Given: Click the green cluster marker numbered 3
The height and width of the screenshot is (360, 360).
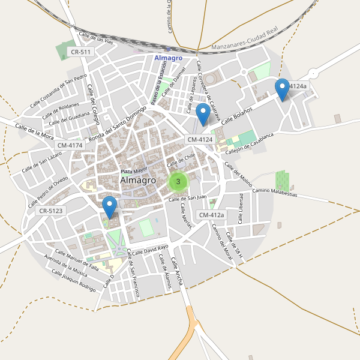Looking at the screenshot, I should tap(178, 181).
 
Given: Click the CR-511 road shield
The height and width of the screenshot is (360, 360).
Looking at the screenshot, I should tap(80, 52).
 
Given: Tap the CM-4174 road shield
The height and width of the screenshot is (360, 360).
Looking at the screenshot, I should tap(70, 145).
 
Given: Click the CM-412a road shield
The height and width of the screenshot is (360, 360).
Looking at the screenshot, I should tap(211, 215).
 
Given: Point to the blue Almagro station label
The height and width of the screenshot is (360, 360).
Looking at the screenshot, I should tap(168, 58).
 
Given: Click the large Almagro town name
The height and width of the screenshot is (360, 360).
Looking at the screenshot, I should tap(138, 180).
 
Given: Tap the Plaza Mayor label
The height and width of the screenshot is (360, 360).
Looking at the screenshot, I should tap(133, 171).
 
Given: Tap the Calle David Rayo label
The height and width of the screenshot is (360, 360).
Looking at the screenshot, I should tap(150, 250).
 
